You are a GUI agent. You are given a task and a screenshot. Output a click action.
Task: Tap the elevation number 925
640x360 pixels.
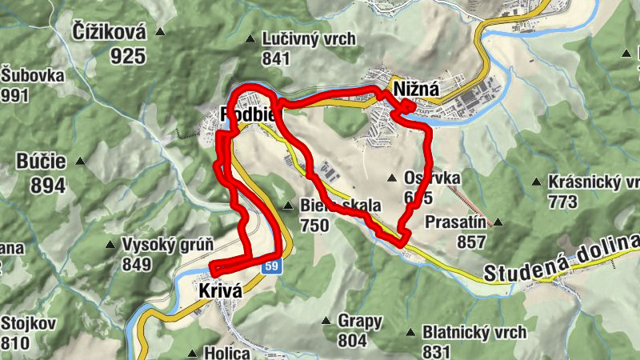tap(129, 55)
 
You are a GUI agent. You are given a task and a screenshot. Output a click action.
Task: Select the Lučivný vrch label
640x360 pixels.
tap(303, 38)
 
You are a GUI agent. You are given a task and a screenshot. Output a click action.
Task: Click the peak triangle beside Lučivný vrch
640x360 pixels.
tap(250, 38)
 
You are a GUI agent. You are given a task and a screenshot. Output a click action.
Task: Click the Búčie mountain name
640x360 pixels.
tap(39, 162)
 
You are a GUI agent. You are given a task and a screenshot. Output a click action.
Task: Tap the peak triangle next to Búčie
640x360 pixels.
tap(80, 162)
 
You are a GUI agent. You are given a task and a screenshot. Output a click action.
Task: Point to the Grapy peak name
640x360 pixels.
tap(360, 321)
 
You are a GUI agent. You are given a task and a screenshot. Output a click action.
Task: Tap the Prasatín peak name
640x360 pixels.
tap(456, 222)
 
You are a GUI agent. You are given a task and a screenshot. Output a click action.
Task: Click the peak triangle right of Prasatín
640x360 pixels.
tap(498, 222)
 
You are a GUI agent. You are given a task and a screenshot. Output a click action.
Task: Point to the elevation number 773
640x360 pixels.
tap(563, 202)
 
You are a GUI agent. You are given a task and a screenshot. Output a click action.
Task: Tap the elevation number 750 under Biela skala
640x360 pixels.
tap(314, 226)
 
